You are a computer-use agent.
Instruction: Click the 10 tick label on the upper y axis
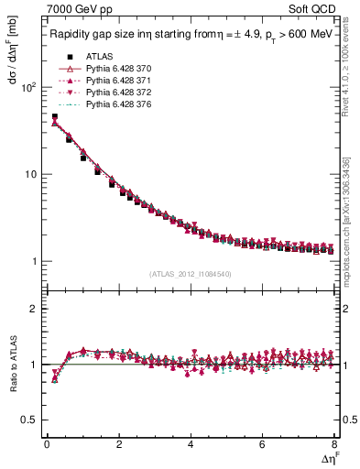[31, 175]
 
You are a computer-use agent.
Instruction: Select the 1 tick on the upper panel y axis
[34, 262]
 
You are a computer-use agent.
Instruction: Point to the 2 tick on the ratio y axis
[34, 309]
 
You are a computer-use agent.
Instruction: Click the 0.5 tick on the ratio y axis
[30, 420]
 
